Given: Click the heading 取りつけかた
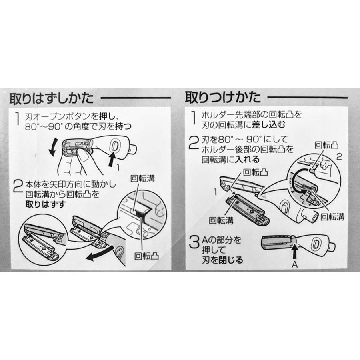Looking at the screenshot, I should point(223,97).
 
